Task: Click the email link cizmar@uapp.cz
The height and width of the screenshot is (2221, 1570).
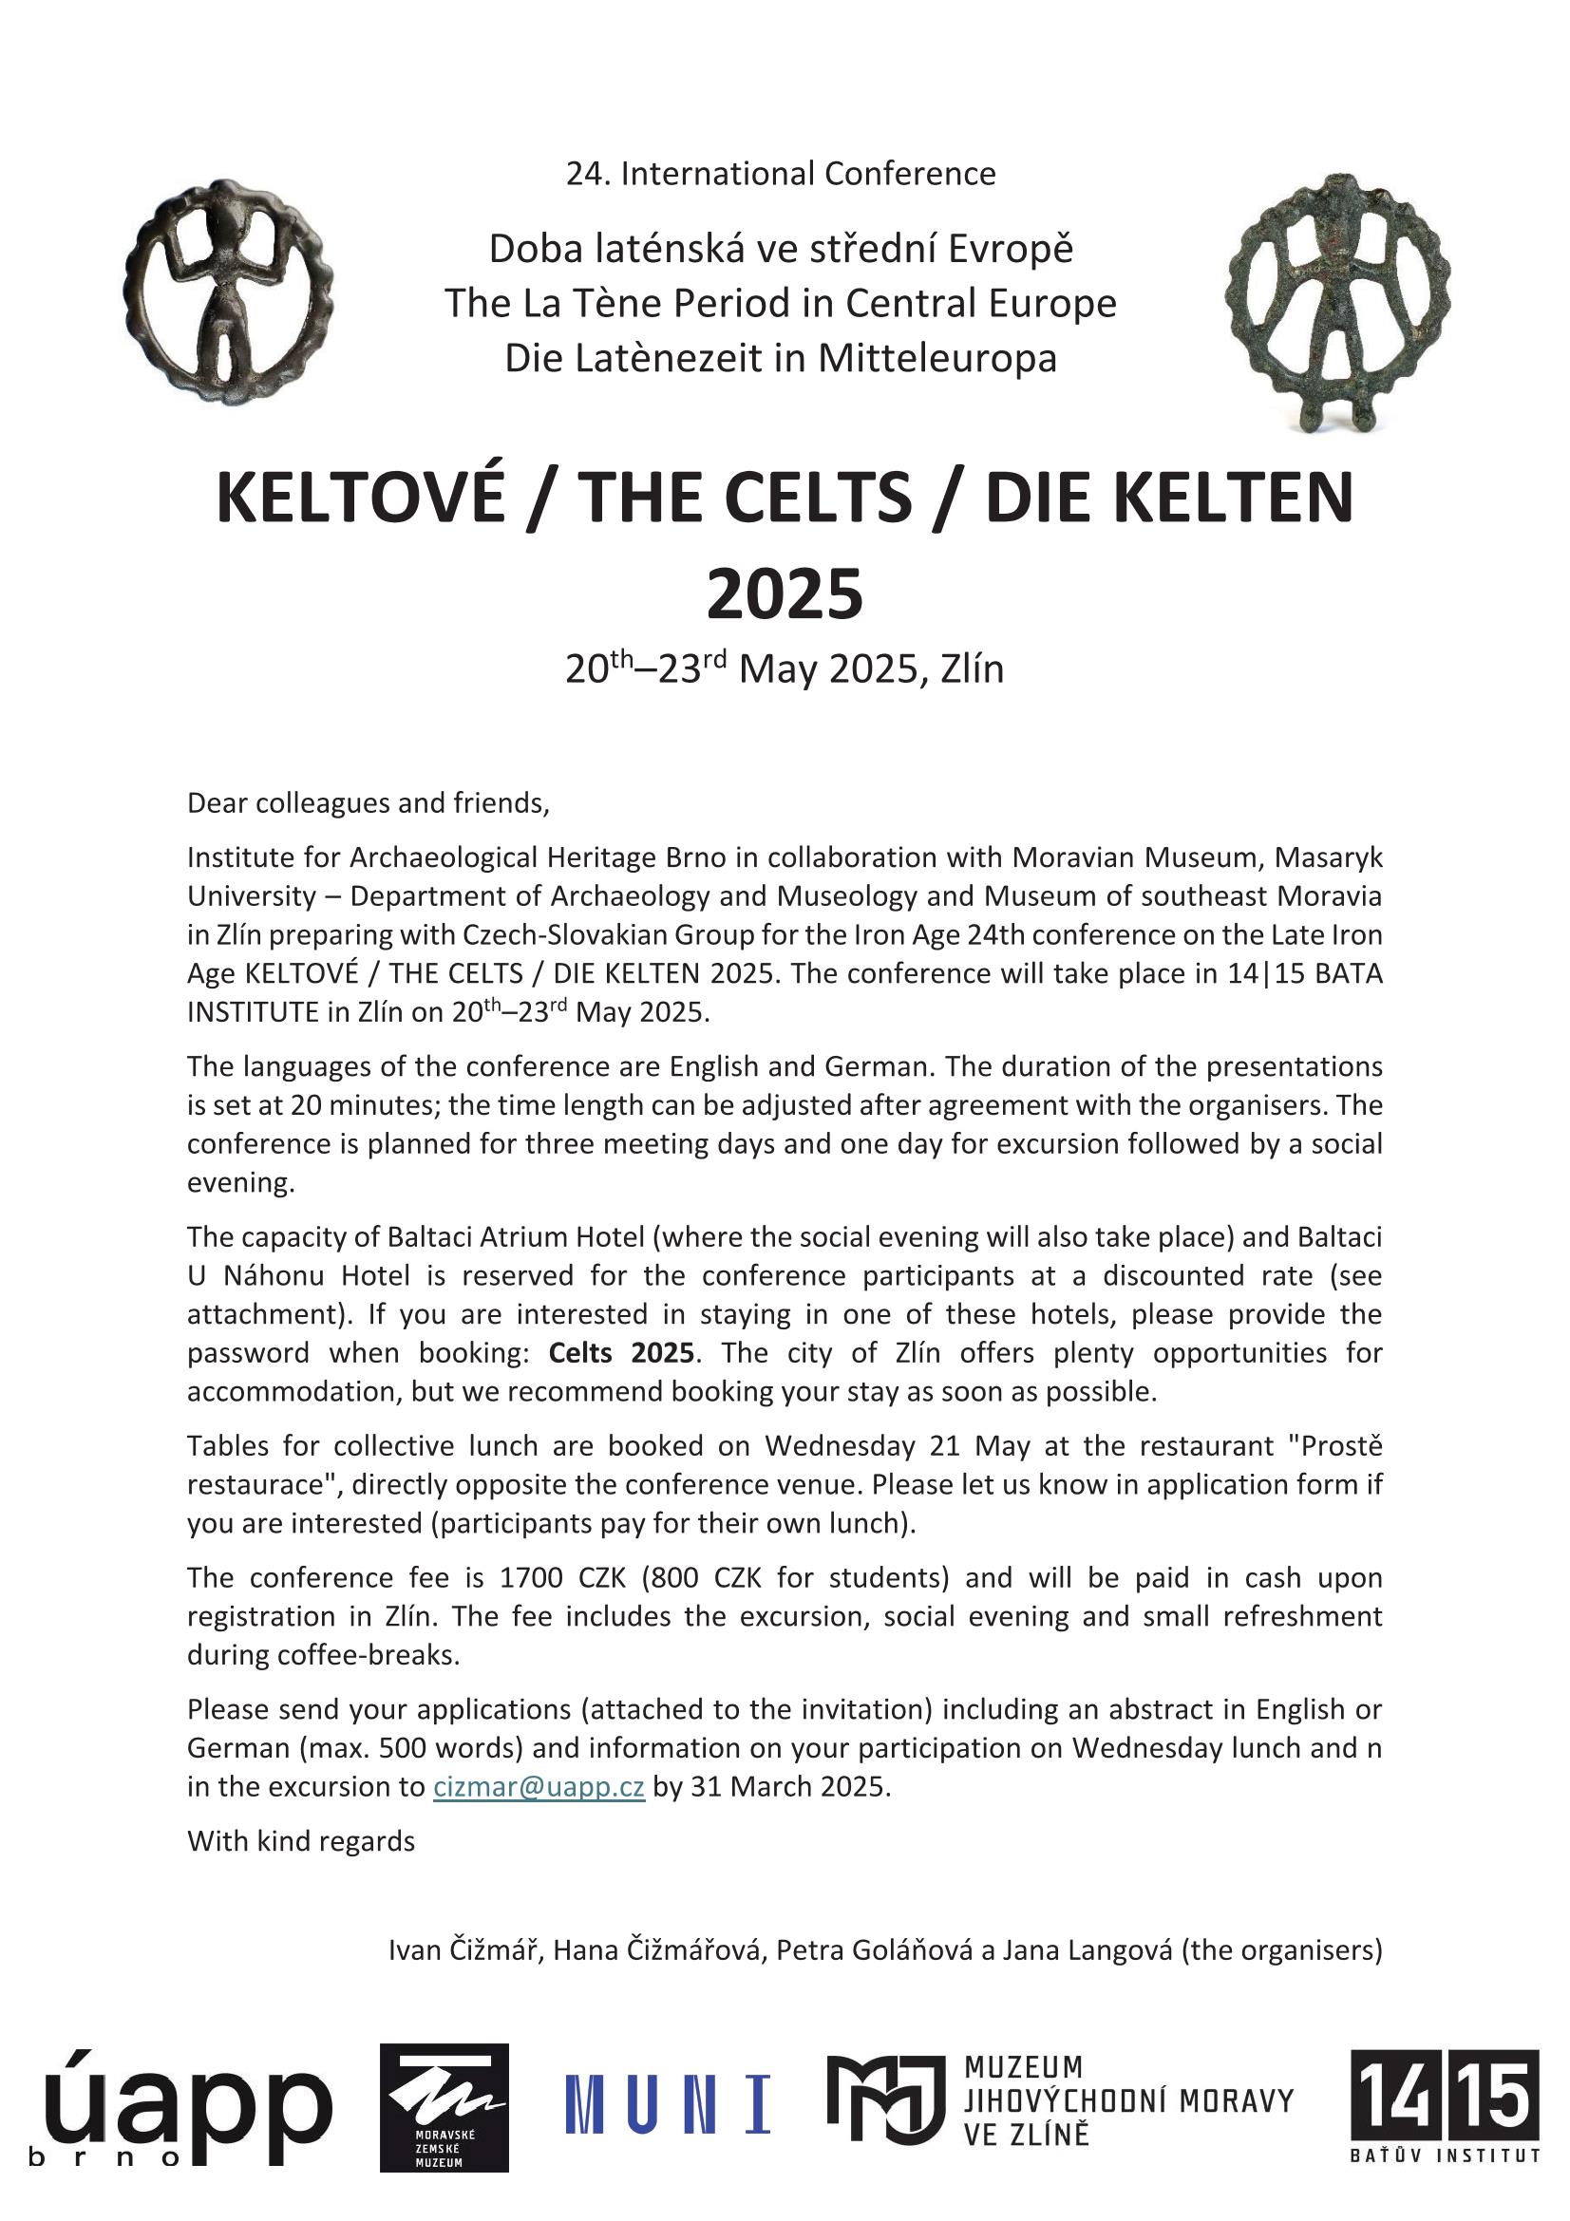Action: click(x=539, y=1787)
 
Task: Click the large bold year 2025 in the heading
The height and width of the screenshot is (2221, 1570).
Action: click(x=785, y=593)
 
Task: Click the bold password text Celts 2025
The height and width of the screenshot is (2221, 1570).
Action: click(x=621, y=1352)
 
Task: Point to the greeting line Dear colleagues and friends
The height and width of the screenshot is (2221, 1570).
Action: click(x=368, y=803)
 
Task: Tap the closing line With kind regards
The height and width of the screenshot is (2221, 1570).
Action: click(x=301, y=1841)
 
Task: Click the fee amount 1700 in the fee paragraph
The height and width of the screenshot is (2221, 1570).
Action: click(x=531, y=1578)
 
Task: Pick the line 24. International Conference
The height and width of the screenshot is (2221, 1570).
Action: click(x=781, y=173)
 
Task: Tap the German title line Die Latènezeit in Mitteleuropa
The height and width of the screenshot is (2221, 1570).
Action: click(x=781, y=358)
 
